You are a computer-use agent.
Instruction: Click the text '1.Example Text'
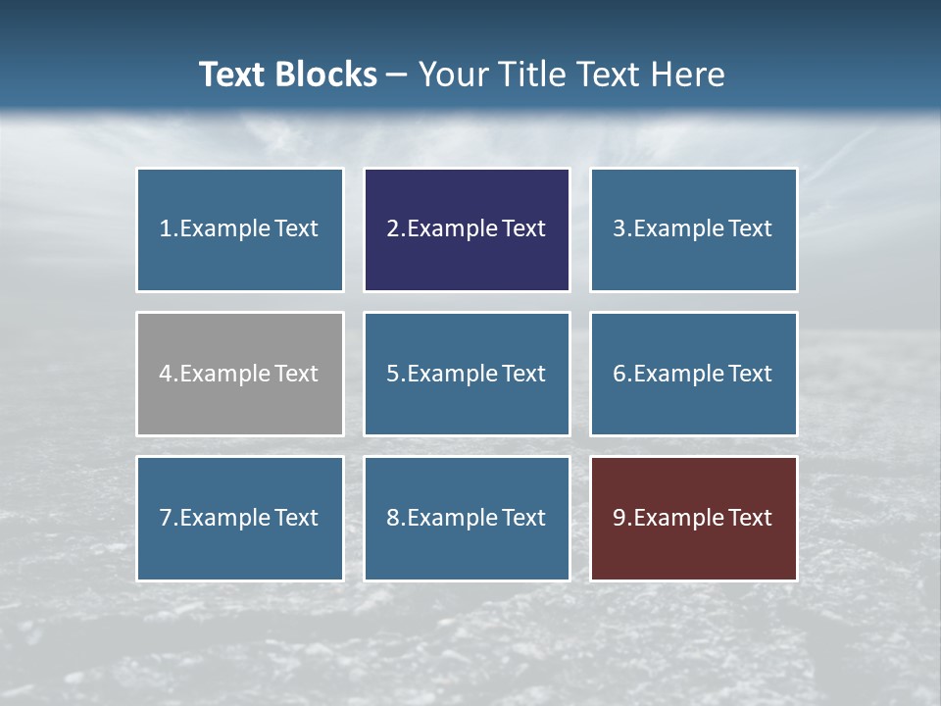239,228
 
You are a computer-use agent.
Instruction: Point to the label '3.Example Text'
693,228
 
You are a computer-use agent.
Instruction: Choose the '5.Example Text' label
466,374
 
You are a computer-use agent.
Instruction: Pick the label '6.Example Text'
693,374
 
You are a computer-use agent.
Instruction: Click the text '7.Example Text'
239,518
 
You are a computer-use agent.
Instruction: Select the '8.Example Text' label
466,518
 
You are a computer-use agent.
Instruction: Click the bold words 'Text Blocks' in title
288,75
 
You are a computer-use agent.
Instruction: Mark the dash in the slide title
398,76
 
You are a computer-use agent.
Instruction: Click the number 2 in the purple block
392,228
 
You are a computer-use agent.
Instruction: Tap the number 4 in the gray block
166,374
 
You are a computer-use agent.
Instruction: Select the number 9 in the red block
619,518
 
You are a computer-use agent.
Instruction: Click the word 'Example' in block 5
452,374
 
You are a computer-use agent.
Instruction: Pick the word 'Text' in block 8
524,518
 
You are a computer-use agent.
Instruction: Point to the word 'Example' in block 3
678,228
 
